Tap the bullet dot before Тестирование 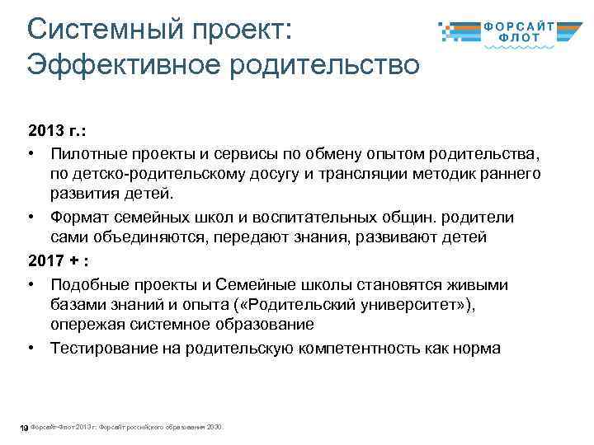click(x=30, y=348)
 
